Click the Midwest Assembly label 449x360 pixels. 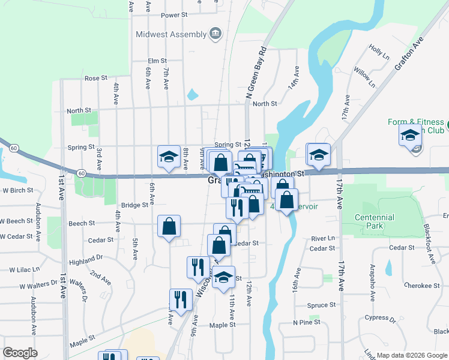point(171,34)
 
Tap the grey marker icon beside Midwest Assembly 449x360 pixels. point(215,33)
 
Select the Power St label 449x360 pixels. point(174,14)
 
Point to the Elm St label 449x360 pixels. point(157,61)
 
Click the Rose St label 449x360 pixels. point(95,79)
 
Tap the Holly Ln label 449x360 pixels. point(379,52)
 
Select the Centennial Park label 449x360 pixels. point(375,221)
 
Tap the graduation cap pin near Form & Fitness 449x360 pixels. point(410,136)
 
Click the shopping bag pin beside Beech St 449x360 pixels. point(169,227)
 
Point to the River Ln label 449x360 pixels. point(323,239)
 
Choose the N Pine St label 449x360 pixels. point(307,323)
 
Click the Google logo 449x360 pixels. point(20,352)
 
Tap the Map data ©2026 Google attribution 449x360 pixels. point(411,355)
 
